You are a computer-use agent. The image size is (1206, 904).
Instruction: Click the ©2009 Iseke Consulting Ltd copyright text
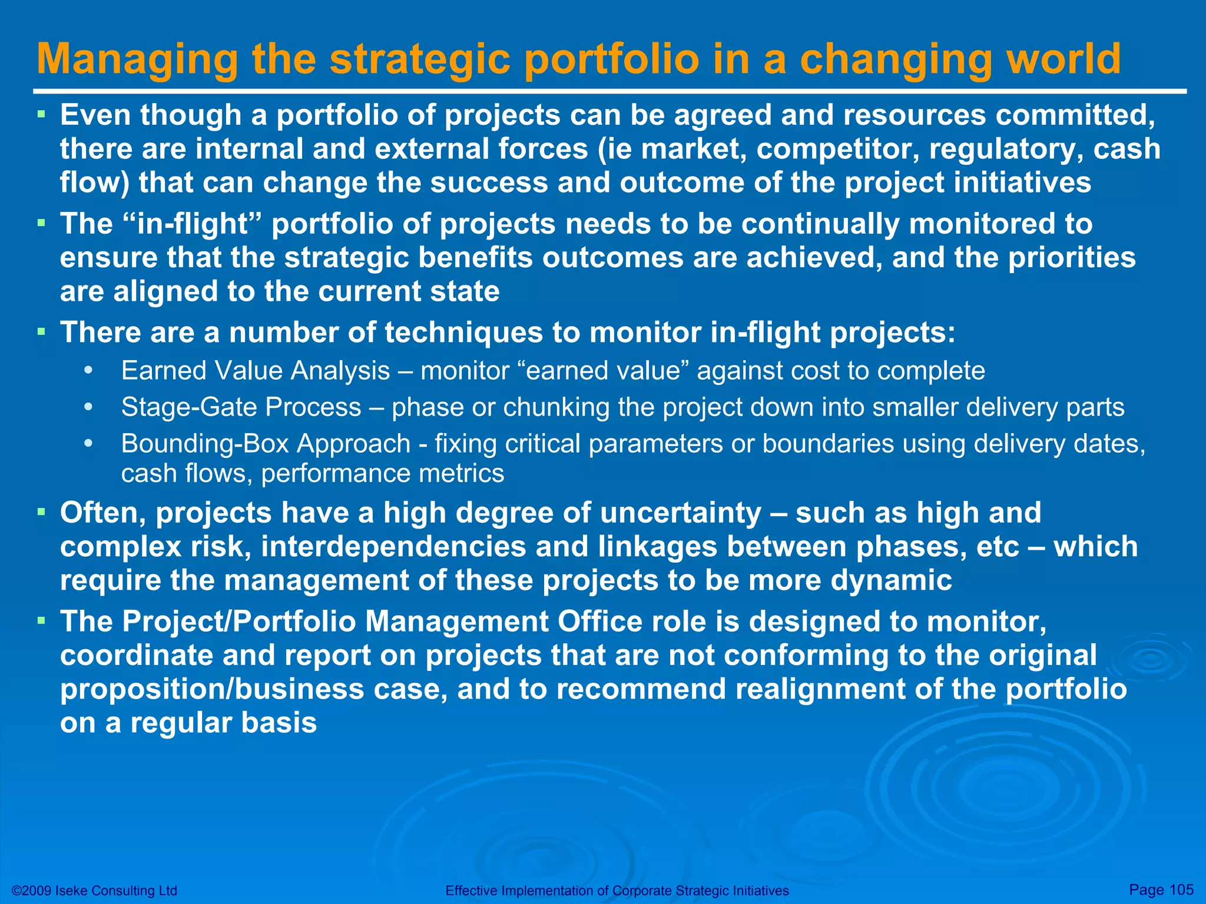pyautogui.click(x=94, y=890)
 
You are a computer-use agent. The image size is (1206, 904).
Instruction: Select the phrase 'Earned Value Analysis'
pyautogui.click(x=256, y=371)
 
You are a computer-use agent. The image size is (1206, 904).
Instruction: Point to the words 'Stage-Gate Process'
pyautogui.click(x=241, y=407)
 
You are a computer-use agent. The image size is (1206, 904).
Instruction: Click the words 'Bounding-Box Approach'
pyautogui.click(x=266, y=444)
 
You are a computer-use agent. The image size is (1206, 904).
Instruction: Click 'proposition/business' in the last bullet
pyautogui.click(x=212, y=690)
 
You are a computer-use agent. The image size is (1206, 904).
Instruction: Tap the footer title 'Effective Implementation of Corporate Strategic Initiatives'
pyautogui.click(x=617, y=890)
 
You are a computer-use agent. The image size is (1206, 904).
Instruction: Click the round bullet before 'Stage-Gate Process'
pyautogui.click(x=88, y=407)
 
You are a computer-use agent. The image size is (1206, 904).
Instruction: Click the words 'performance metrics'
pyautogui.click(x=383, y=474)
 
